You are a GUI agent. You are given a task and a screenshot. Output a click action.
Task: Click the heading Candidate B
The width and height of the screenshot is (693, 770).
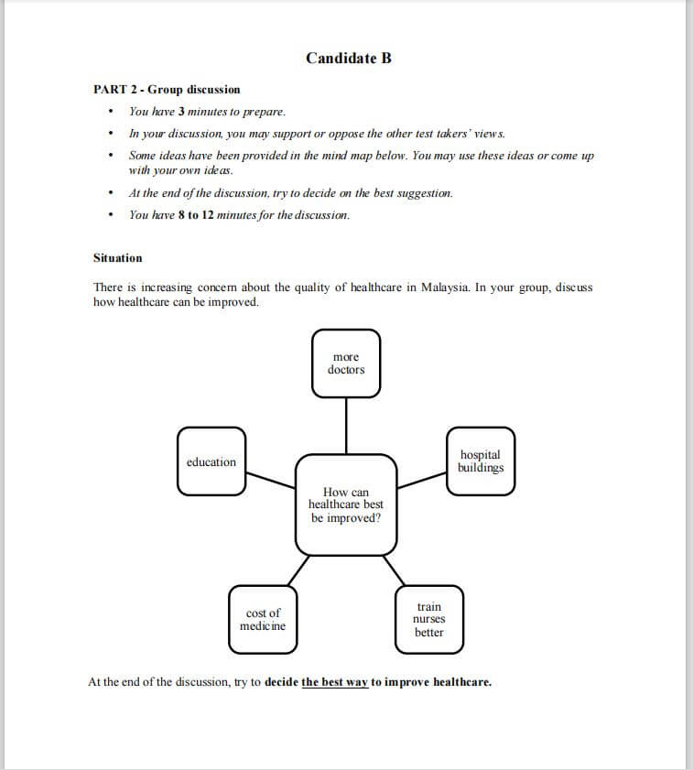pos(348,59)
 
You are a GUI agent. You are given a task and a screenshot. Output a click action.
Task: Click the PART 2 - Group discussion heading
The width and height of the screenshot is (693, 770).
pos(167,90)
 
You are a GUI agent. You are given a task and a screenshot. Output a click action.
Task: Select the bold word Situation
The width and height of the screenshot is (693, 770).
pos(118,258)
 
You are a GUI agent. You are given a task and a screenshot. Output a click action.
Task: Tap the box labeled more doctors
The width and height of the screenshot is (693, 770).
pos(346,363)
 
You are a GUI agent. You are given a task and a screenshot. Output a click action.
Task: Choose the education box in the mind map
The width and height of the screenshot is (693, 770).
pos(211,461)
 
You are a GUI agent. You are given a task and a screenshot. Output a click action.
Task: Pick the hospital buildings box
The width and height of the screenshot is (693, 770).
pos(481,461)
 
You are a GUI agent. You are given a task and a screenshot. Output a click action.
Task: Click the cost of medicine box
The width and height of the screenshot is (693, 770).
pos(263,620)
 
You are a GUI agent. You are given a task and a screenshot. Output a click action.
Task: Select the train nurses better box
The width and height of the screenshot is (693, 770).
pos(428,620)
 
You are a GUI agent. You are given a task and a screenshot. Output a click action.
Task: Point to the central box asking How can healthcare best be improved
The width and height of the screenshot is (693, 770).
pos(346,505)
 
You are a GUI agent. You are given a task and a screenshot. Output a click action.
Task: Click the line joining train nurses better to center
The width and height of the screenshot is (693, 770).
pos(399,569)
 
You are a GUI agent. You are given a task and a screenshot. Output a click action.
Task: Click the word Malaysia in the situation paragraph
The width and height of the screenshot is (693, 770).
pos(445,287)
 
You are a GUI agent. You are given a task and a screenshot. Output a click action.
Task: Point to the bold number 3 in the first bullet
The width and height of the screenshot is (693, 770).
pos(181,112)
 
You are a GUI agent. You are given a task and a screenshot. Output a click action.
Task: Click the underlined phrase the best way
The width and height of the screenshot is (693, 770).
pos(334,682)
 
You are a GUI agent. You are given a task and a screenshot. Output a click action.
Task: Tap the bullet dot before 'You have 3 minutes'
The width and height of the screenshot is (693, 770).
pos(111,113)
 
